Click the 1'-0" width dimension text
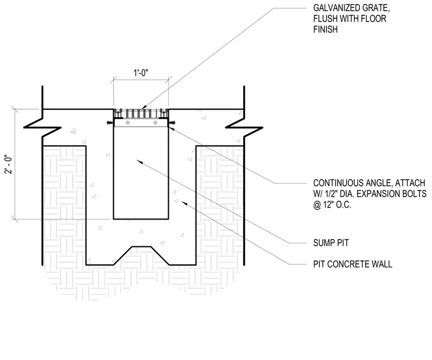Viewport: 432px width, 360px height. click(x=141, y=73)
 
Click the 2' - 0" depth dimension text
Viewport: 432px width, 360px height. click(x=9, y=164)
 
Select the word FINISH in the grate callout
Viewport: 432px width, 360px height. click(x=325, y=29)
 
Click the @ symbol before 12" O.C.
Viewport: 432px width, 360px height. click(x=317, y=205)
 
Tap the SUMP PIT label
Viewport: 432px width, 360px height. click(x=331, y=243)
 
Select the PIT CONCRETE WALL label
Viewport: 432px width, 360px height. click(x=352, y=264)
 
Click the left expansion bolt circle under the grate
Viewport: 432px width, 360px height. click(x=127, y=123)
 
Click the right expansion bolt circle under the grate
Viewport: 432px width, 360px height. click(x=155, y=123)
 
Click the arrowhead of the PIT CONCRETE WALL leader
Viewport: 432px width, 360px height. click(x=184, y=203)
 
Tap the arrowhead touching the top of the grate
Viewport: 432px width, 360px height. click(x=144, y=108)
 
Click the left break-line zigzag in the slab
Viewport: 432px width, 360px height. click(x=42, y=127)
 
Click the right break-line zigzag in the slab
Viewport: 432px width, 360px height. click(x=244, y=127)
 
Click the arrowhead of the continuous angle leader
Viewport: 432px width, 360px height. click(x=171, y=127)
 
